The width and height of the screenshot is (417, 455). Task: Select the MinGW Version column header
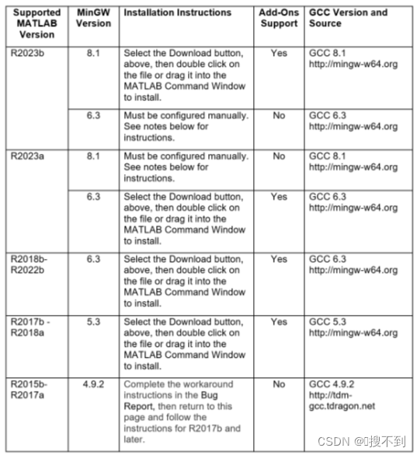[x=94, y=18]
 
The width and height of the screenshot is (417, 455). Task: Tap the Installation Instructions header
[x=178, y=12]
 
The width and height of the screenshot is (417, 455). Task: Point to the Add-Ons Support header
[x=280, y=18]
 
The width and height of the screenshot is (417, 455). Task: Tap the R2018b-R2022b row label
[x=30, y=264]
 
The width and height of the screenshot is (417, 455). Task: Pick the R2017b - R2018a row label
[x=31, y=327]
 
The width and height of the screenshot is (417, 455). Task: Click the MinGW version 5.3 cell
[x=94, y=321]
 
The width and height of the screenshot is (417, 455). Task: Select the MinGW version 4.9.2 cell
[x=94, y=384]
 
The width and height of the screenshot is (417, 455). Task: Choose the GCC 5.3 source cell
[x=353, y=327]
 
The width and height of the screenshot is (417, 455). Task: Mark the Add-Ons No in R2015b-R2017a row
[x=280, y=384]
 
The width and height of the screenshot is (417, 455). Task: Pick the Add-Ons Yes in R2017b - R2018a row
[x=280, y=321]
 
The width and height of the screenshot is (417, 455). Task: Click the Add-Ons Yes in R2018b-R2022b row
[x=280, y=258]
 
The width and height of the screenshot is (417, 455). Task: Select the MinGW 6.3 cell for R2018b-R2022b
[x=94, y=258]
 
